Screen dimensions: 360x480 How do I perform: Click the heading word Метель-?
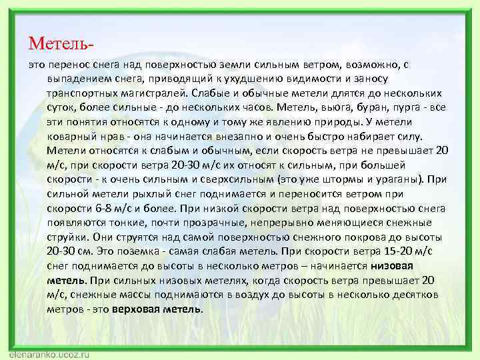click(61, 44)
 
